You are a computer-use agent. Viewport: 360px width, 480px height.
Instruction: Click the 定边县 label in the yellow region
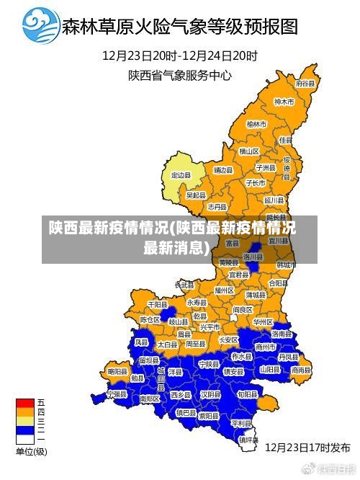tap(181, 175)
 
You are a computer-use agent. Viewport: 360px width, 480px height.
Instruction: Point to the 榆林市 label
tap(256, 124)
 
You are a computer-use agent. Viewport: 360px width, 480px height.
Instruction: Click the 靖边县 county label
tap(223, 170)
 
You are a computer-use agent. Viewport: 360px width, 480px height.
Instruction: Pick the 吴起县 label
tap(196, 195)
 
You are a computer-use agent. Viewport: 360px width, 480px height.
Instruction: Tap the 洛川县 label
tap(253, 256)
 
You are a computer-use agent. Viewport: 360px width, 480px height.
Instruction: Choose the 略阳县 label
tap(117, 370)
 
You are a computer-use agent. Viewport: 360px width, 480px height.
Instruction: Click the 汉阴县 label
tap(210, 394)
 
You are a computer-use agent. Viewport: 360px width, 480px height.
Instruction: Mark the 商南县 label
tap(302, 370)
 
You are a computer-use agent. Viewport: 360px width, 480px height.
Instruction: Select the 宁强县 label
tap(116, 394)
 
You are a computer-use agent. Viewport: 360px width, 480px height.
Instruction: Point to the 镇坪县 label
tap(249, 438)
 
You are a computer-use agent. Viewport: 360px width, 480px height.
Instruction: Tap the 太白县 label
tap(167, 345)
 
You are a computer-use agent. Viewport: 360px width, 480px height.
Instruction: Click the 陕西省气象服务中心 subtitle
tap(180, 74)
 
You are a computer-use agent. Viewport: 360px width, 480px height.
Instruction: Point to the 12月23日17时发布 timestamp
tap(307, 447)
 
